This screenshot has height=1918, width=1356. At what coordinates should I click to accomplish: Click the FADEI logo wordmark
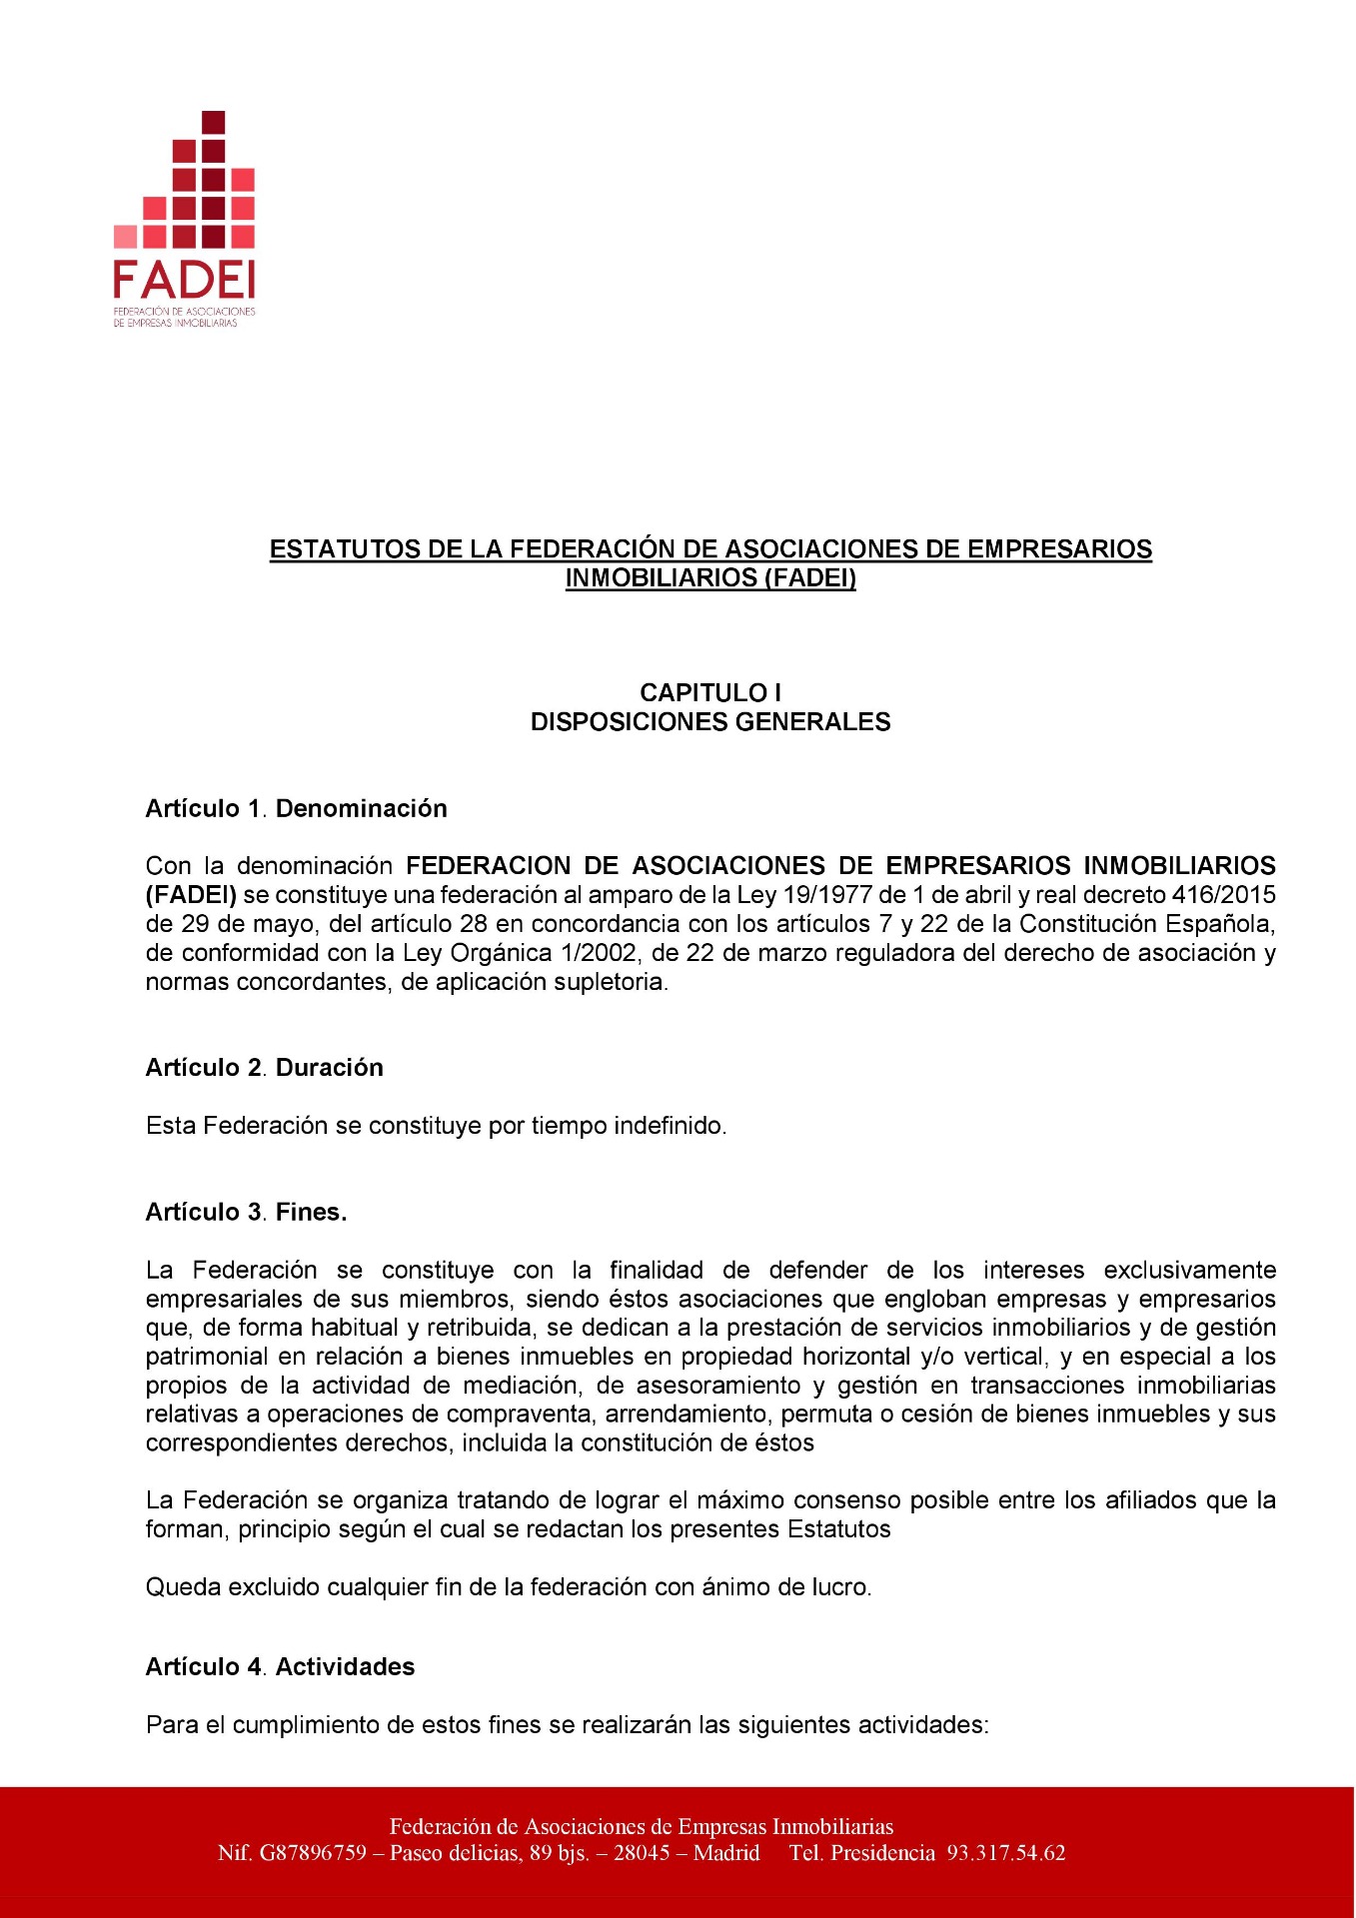click(184, 280)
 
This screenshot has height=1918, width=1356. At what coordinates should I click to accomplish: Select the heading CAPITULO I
click(710, 693)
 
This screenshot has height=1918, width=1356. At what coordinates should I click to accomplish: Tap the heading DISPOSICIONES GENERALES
click(710, 722)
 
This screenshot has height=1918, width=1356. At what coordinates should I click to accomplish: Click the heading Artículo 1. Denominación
click(297, 808)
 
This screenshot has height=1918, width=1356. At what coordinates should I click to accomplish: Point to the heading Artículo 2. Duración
click(265, 1068)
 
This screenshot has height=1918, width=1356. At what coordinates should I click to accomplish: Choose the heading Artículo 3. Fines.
click(247, 1213)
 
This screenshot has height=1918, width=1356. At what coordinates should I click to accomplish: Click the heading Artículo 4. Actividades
click(281, 1667)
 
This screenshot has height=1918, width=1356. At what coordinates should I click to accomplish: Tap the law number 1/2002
click(600, 953)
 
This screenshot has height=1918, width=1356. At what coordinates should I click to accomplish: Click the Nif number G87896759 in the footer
click(313, 1854)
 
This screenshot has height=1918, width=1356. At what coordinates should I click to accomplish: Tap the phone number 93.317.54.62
click(1006, 1854)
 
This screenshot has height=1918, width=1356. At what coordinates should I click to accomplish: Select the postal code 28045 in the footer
click(642, 1854)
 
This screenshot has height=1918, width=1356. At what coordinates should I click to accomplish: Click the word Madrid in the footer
click(726, 1854)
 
